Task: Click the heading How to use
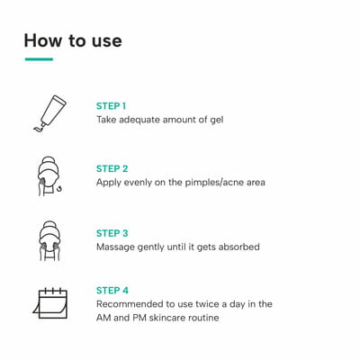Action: click(x=73, y=40)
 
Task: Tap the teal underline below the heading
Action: click(x=39, y=59)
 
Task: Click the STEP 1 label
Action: click(x=111, y=106)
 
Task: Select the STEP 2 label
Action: click(x=112, y=169)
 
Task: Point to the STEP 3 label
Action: click(x=112, y=233)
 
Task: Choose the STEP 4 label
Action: click(x=112, y=291)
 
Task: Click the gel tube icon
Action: click(x=49, y=113)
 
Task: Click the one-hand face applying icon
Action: click(x=49, y=176)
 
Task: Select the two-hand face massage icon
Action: click(x=49, y=241)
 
